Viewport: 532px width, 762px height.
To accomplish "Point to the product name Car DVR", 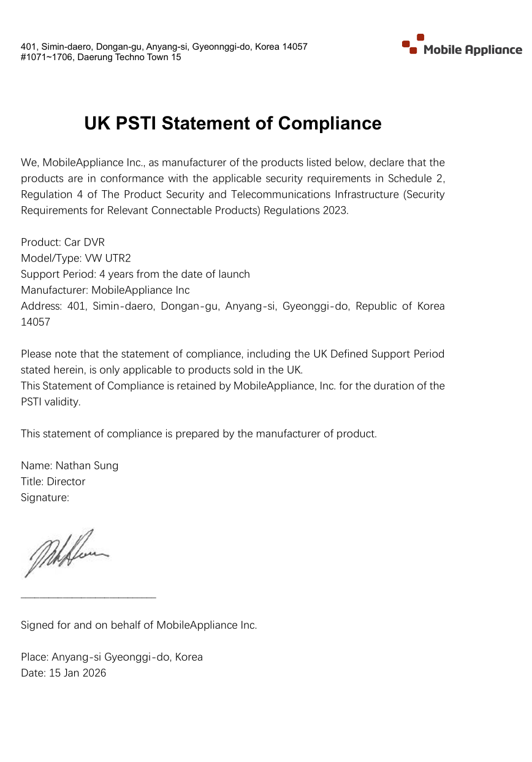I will click(x=84, y=242).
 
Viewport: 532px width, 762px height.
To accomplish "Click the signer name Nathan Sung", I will click(x=87, y=466).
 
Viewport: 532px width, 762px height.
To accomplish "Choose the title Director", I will click(x=66, y=482).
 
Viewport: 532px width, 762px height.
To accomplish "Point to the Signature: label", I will click(x=45, y=498).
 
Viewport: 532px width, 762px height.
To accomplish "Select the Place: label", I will click(x=34, y=657).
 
